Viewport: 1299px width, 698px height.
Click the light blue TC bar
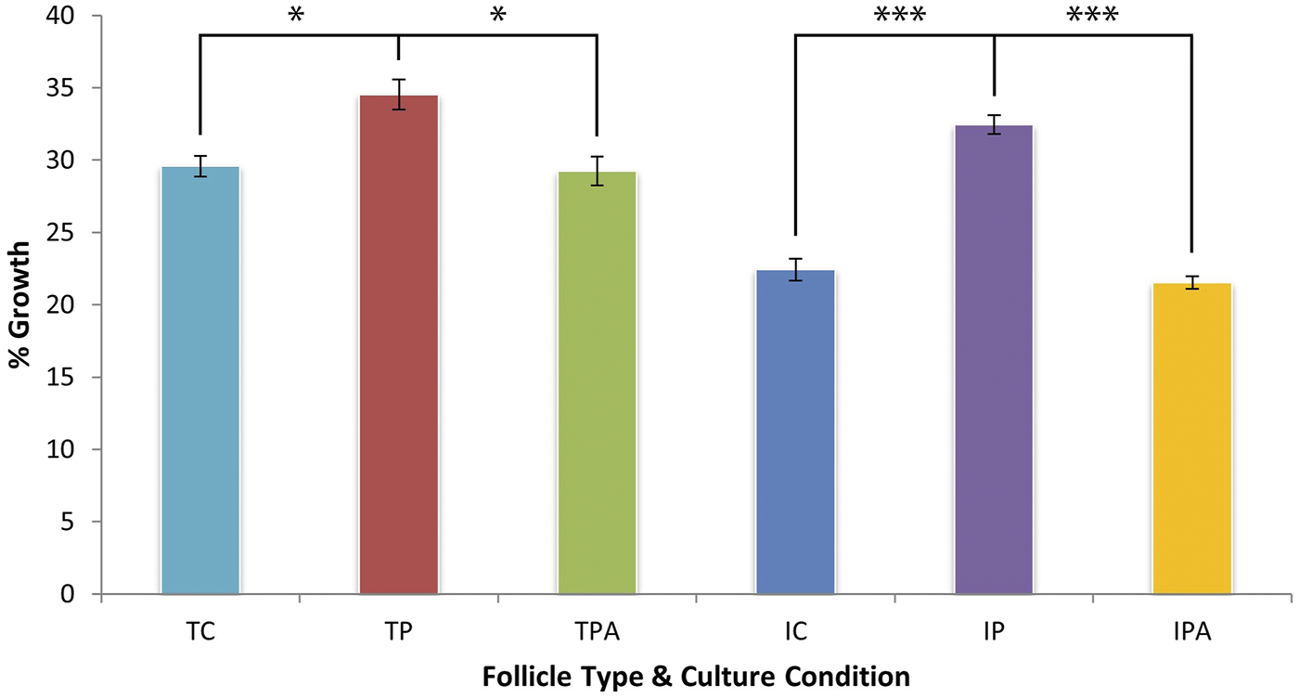(200, 381)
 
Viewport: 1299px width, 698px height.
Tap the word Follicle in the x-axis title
(527, 677)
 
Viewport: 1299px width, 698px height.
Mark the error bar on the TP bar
(399, 95)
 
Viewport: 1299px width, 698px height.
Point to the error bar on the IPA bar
(1191, 283)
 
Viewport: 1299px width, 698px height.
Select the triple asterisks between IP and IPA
(1093, 17)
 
